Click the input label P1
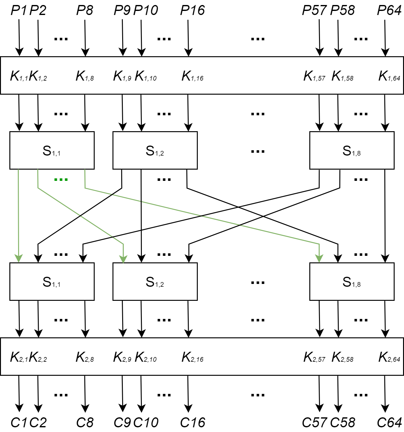tap(19, 11)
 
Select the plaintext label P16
tap(192, 11)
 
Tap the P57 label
tap(314, 11)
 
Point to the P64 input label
tap(389, 11)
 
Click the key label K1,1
tap(19, 76)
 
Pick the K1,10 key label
tap(146, 76)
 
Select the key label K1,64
tap(389, 76)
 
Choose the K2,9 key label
tap(122, 357)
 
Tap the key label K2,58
tap(342, 357)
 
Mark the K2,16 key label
tap(192, 357)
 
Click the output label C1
tap(19, 423)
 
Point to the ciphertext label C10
tap(146, 423)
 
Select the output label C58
tap(342, 423)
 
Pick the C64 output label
tap(389, 423)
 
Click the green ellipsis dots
tap(61, 180)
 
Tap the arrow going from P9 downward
tap(122, 37)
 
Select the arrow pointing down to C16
tap(188, 394)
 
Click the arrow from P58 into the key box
tap(338, 37)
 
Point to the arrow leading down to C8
tap(85, 394)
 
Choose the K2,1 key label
tap(19, 357)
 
